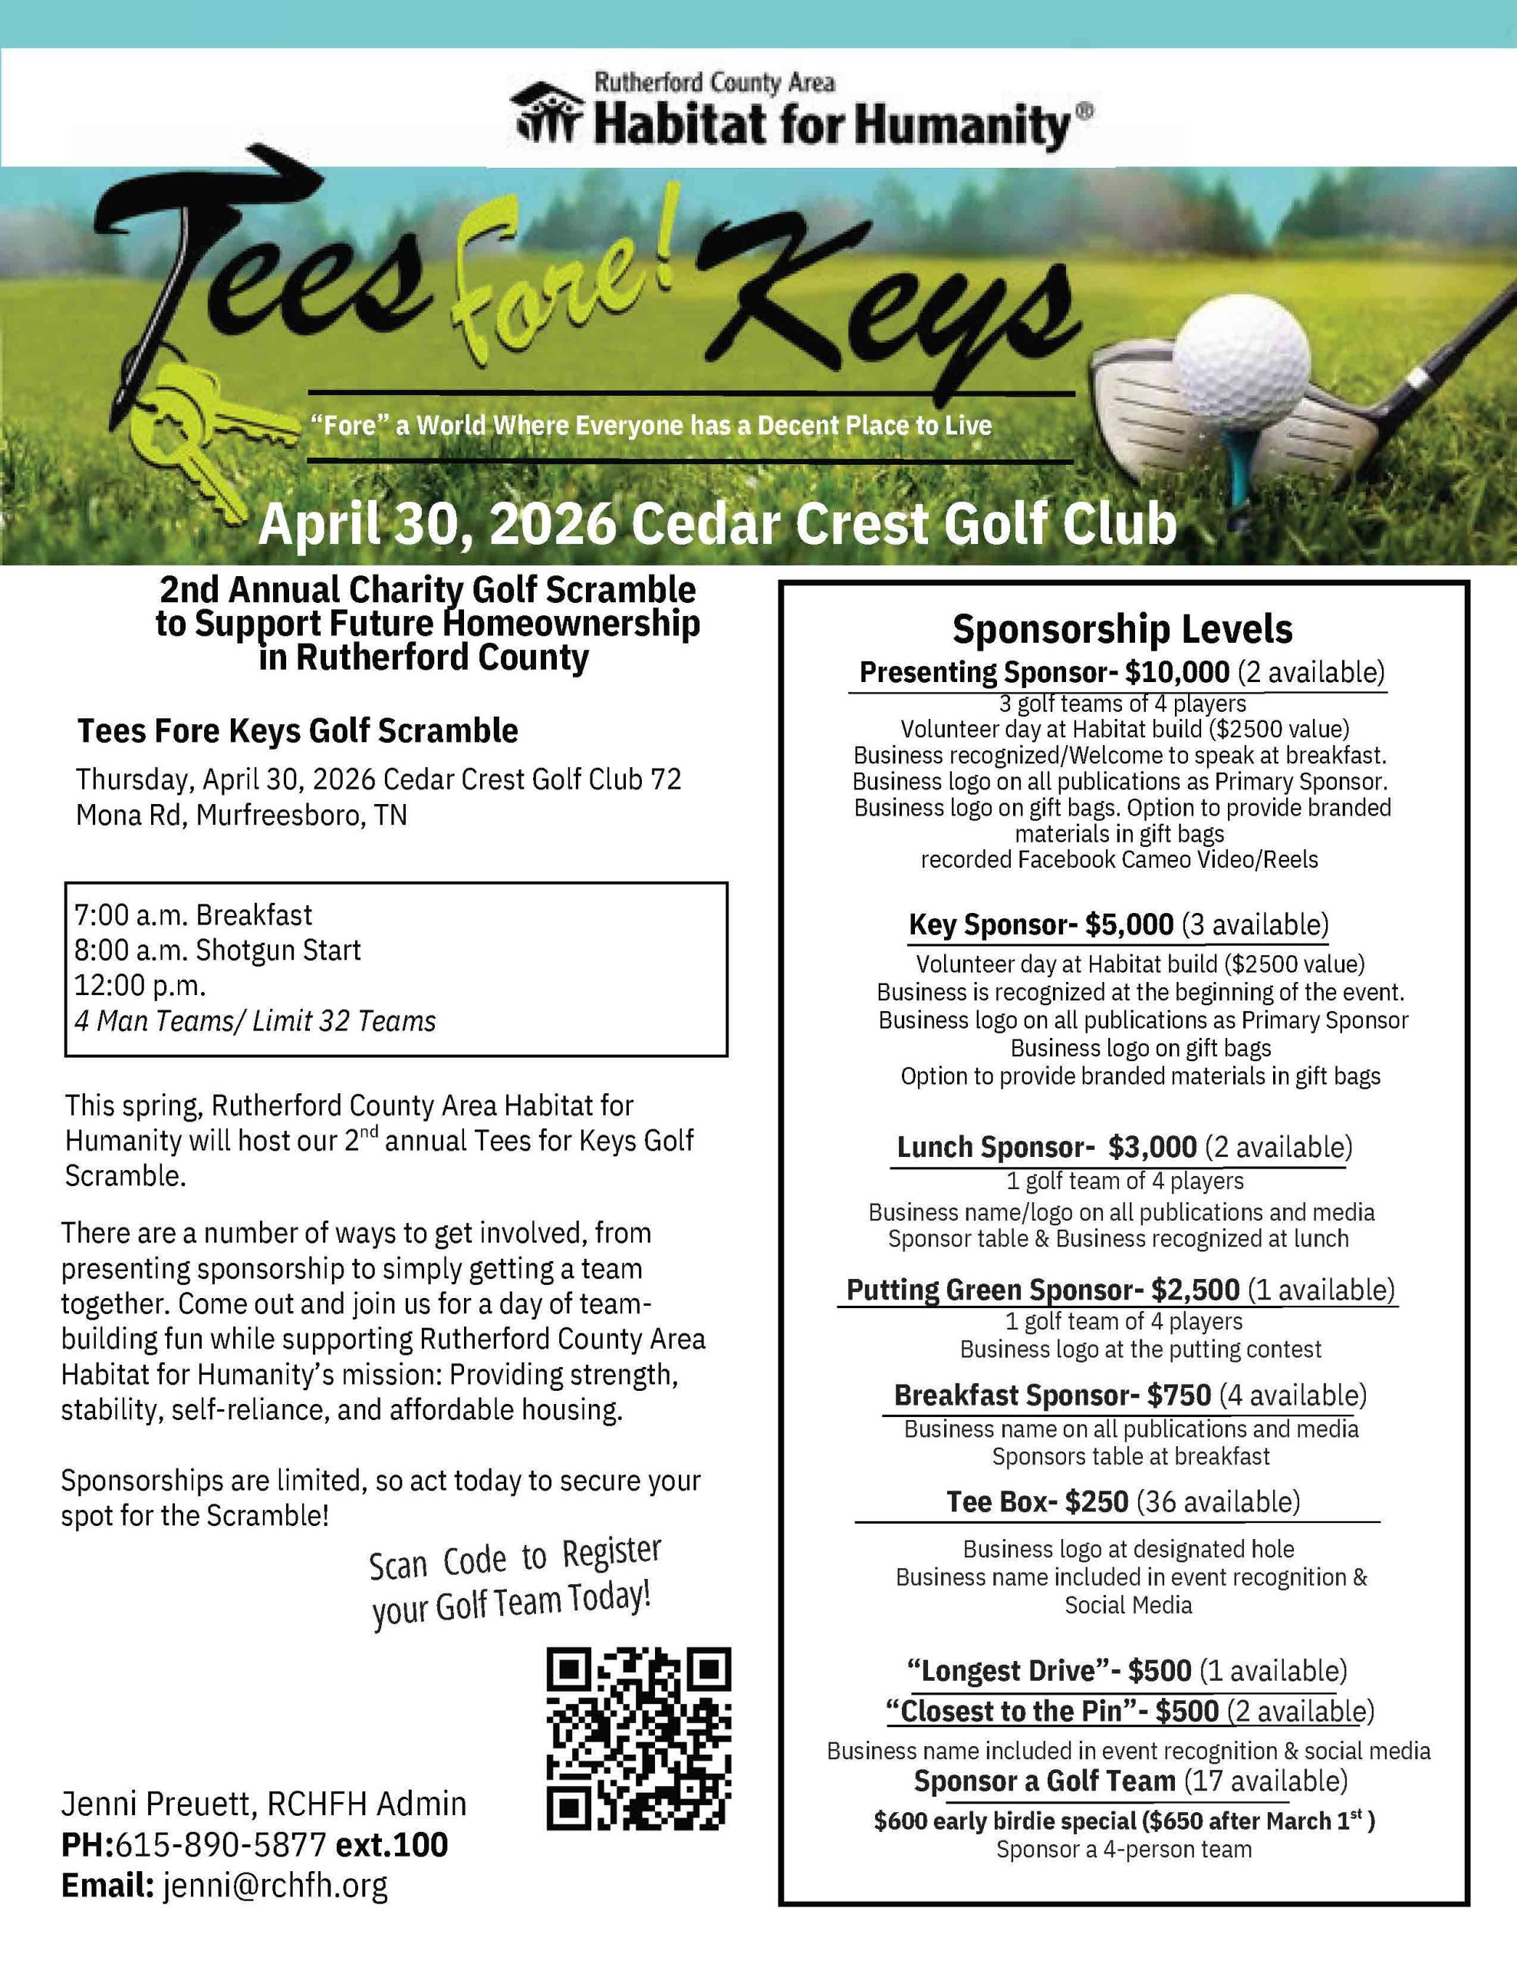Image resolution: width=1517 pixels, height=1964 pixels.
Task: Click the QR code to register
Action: pos(638,1738)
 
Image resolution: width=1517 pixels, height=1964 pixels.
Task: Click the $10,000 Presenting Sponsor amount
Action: pos(1177,673)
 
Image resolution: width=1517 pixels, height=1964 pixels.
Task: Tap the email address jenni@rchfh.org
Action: pos(275,1884)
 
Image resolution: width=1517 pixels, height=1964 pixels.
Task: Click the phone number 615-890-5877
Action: pos(220,1844)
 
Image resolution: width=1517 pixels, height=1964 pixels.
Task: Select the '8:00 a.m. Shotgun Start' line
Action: pos(218,950)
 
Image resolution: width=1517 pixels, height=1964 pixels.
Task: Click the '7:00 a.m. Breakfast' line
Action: pos(193,914)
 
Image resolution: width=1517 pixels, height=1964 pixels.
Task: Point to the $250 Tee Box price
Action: pos(1096,1502)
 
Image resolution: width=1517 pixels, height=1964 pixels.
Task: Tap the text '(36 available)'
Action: pos(1219,1502)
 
